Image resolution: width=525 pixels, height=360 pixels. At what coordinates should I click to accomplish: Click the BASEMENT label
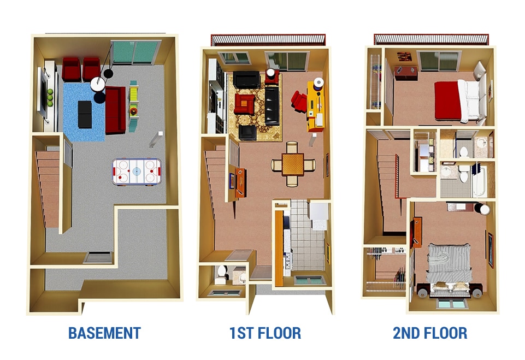(104, 333)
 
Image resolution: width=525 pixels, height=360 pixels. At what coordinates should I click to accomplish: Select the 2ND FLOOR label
(430, 333)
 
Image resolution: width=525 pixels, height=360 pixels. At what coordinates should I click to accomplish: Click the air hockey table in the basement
(136, 171)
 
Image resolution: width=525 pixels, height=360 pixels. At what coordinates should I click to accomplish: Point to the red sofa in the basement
(115, 110)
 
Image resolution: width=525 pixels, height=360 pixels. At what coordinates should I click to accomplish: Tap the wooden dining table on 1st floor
(293, 163)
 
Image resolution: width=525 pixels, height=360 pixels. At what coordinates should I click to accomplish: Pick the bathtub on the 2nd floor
(479, 180)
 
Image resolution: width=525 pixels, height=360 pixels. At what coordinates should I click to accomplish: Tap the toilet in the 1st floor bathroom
(222, 272)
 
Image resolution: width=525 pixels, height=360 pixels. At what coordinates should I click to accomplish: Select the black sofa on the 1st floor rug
(272, 105)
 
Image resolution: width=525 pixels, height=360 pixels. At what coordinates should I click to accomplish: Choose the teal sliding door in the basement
(134, 53)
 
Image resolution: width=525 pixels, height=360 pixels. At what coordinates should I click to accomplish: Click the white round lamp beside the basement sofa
(98, 84)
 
